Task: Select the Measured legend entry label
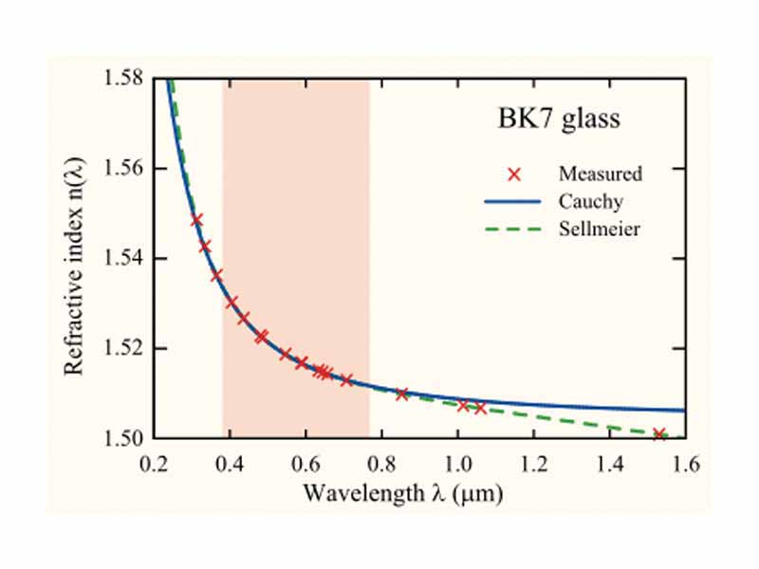tap(601, 174)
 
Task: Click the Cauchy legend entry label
tap(591, 201)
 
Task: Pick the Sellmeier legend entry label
tap(599, 229)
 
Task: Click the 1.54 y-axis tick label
tap(122, 258)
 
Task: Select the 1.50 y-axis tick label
tap(122, 438)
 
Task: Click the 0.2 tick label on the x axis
tap(153, 464)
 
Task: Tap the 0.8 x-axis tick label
tap(381, 464)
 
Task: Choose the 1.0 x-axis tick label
tap(457, 464)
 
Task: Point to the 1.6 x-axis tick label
tap(685, 464)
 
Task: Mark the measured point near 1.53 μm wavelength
tap(659, 434)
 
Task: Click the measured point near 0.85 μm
tap(401, 394)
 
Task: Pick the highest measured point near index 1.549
tap(197, 220)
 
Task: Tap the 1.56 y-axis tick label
tap(122, 168)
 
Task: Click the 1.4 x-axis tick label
tap(609, 464)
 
